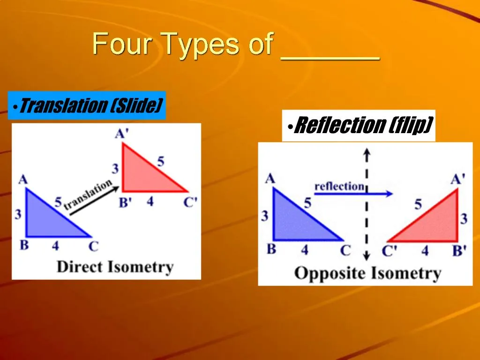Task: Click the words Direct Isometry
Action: (115, 267)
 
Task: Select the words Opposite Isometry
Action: (367, 273)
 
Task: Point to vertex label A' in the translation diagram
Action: (121, 134)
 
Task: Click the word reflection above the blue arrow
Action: (339, 186)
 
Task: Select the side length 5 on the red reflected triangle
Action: (418, 204)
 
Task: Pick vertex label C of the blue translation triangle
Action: (93, 246)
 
